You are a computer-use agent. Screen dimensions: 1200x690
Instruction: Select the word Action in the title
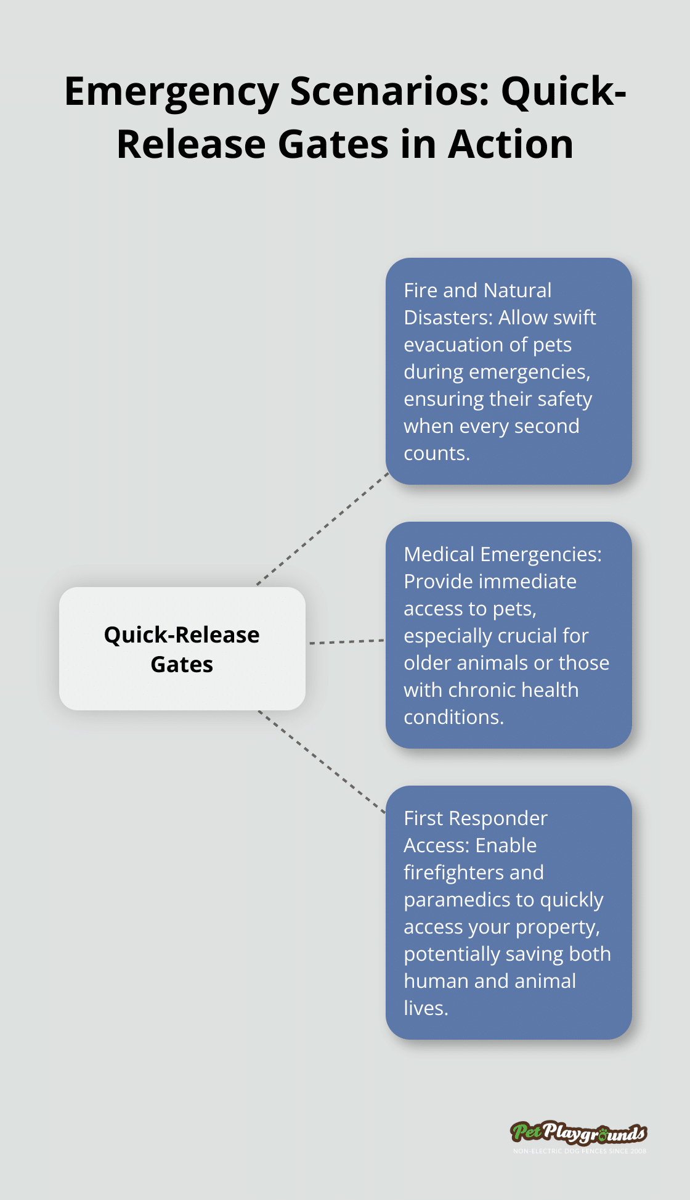(x=511, y=145)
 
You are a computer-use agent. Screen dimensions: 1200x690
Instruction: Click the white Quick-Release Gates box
(x=182, y=649)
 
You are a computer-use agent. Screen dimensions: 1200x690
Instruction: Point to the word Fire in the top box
(x=421, y=290)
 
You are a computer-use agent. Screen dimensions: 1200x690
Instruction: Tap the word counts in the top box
(x=436, y=453)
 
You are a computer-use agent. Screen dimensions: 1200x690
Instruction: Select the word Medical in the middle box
(x=439, y=554)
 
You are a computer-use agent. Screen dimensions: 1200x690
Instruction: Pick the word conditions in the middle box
(x=453, y=717)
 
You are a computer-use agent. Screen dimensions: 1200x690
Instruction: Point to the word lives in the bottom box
(x=425, y=1008)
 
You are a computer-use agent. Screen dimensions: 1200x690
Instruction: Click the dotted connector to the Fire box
(x=322, y=528)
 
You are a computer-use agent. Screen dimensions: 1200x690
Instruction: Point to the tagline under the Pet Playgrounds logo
(x=579, y=1151)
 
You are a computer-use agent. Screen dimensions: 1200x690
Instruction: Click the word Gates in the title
(x=333, y=145)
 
